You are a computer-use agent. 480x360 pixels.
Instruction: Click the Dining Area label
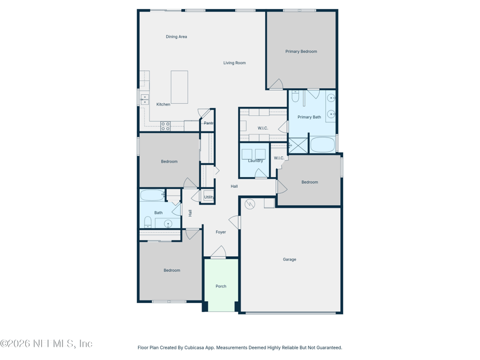(176, 37)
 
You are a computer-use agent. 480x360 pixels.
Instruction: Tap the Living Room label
(235, 63)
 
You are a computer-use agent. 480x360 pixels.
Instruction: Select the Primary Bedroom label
(301, 52)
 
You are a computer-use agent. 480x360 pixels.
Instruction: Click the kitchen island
(179, 87)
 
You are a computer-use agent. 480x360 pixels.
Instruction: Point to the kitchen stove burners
(166, 126)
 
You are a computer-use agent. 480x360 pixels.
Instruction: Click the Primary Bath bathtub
(323, 145)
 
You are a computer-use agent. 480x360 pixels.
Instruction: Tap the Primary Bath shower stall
(298, 145)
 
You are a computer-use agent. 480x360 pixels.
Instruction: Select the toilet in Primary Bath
(295, 96)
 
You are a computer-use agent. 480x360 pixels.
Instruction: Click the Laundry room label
(256, 161)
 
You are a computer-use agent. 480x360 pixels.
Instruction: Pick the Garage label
(289, 260)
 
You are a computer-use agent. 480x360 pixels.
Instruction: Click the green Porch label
(221, 286)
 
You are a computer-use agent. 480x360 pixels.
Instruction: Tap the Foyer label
(221, 232)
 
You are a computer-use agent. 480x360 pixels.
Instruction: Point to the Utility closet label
(209, 197)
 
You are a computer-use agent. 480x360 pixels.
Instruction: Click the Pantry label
(208, 123)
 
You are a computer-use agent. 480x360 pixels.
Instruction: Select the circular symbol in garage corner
(250, 204)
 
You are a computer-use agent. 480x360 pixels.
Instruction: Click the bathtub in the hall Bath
(152, 196)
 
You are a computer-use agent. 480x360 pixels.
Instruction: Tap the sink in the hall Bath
(168, 224)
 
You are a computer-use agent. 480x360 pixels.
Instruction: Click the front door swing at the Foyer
(218, 251)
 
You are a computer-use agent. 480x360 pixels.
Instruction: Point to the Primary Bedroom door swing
(277, 84)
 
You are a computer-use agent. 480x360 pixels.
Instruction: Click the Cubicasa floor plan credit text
(239, 347)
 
